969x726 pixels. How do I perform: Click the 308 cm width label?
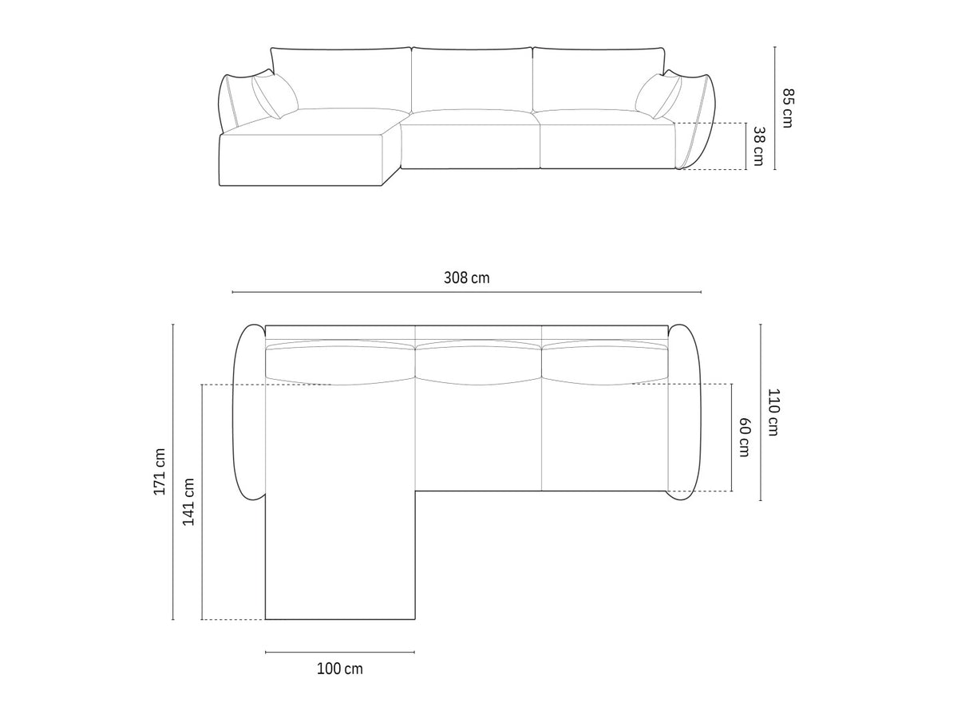[466, 278]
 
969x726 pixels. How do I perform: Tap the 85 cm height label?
[787, 108]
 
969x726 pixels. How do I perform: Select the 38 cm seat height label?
[758, 146]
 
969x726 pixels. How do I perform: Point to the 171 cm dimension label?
[160, 472]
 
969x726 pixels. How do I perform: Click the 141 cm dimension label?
[188, 502]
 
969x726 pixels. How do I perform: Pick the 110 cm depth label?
[774, 412]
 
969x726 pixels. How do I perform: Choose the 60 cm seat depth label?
[744, 436]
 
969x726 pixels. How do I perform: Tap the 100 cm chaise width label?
[339, 669]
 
